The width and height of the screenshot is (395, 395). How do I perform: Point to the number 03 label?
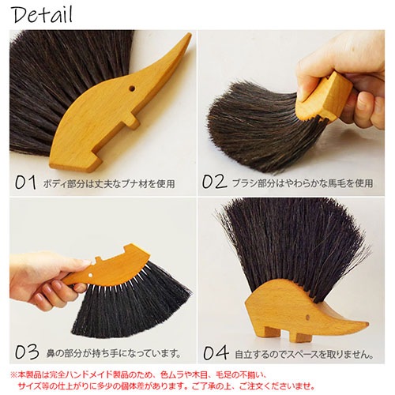tap(26, 352)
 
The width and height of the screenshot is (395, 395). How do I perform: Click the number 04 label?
tap(215, 352)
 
